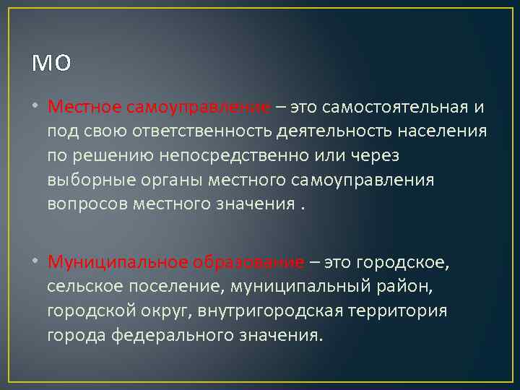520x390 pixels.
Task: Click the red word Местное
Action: (84, 108)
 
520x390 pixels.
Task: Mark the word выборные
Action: (90, 180)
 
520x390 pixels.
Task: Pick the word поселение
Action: (178, 287)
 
